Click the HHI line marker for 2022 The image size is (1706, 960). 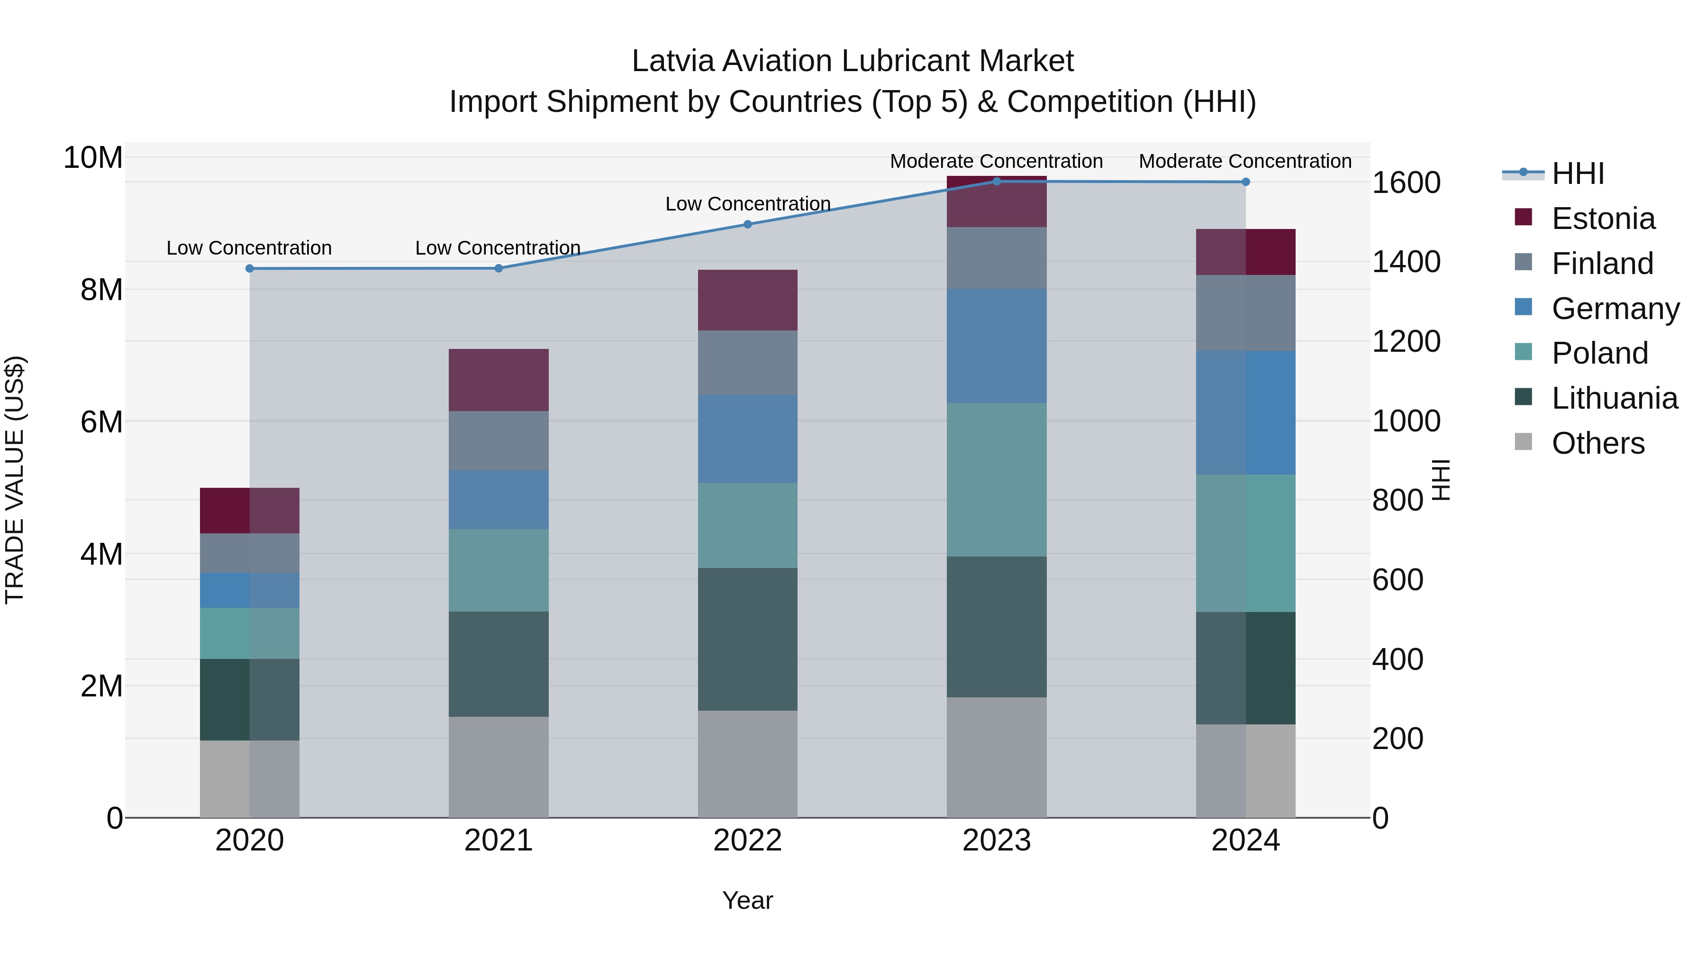coord(748,225)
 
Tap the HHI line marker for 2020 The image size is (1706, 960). coord(250,268)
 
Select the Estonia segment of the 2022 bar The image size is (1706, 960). coord(748,300)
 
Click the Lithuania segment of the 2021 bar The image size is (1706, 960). coord(499,664)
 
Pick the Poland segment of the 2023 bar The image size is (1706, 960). coord(997,480)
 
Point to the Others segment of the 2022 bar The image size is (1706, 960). coord(748,764)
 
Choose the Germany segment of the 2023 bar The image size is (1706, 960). coord(997,346)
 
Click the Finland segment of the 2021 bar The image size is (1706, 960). coord(499,440)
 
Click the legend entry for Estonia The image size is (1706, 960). coord(1603,219)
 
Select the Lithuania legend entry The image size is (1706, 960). coord(1614,398)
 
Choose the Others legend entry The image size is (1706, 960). coord(1597,443)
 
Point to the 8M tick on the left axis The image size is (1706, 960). coord(101,290)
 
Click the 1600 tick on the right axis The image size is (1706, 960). coord(1406,183)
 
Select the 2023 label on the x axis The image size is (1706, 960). coord(997,841)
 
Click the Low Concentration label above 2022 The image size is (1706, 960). coord(748,204)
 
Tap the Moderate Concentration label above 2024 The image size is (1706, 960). coord(1245,161)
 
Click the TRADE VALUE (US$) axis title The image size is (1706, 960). coord(15,480)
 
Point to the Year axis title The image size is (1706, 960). coord(748,900)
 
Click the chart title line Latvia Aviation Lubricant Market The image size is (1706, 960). coord(853,61)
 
